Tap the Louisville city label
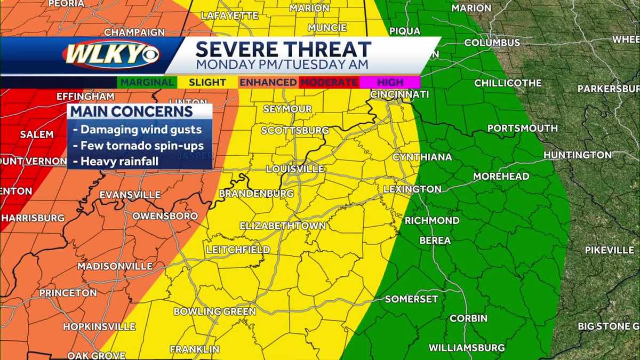point(295,169)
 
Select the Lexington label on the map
point(412,189)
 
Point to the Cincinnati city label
point(400,94)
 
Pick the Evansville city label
point(130,195)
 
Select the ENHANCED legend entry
point(268,83)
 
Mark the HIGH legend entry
point(390,83)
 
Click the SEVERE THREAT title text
point(283,50)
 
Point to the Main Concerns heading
point(132,112)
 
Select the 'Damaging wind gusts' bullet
point(138,129)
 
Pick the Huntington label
point(578,155)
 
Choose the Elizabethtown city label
point(283,226)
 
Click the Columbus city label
point(492,43)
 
